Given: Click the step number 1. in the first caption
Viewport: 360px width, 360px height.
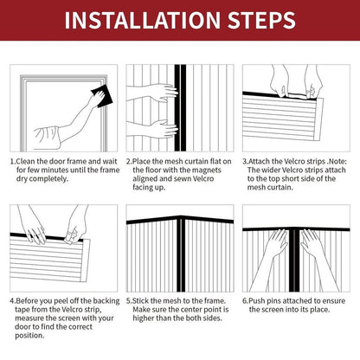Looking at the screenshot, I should click(15, 161).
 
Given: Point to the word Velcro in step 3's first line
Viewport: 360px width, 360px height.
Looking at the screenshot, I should click(294, 161).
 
